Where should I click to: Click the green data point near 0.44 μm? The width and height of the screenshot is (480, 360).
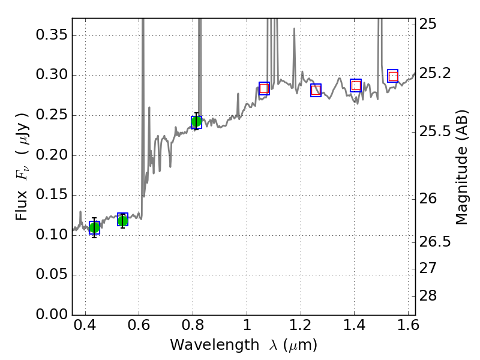[x=94, y=227]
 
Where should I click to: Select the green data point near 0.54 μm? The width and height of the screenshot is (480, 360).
[x=122, y=220]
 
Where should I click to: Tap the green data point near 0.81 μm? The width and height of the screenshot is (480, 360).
[x=196, y=122]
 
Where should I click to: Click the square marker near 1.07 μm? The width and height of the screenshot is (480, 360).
[x=264, y=88]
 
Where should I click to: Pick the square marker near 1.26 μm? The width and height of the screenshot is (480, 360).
[x=316, y=90]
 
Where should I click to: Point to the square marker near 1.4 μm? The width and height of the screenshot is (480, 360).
[x=356, y=85]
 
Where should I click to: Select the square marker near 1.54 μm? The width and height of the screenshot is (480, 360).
[x=393, y=76]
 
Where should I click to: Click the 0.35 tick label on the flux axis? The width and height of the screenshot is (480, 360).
[x=51, y=35]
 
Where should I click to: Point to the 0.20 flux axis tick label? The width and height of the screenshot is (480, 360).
[x=51, y=155]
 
